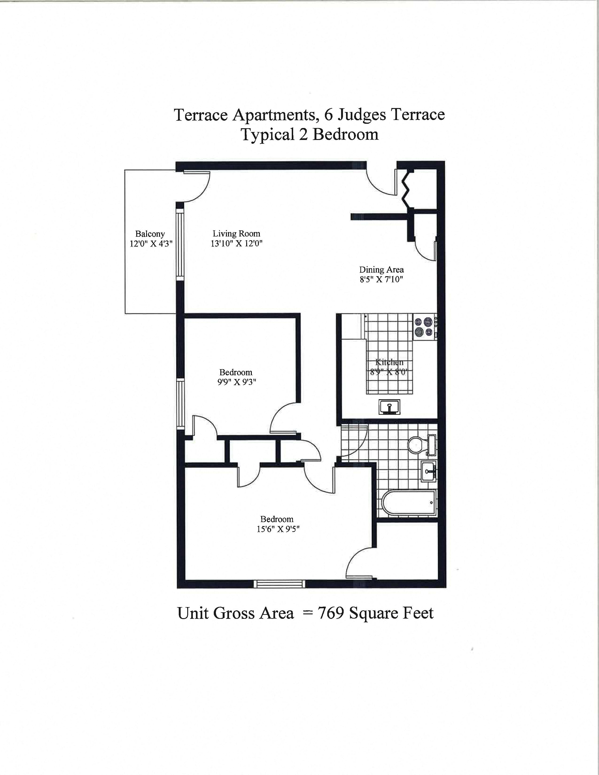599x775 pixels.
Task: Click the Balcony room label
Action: click(x=150, y=234)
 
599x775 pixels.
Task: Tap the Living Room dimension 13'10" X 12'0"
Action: click(x=236, y=244)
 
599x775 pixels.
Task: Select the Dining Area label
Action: click(x=381, y=270)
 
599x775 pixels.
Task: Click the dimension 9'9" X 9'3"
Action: click(x=236, y=382)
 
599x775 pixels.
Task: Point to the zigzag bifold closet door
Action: click(x=407, y=190)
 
